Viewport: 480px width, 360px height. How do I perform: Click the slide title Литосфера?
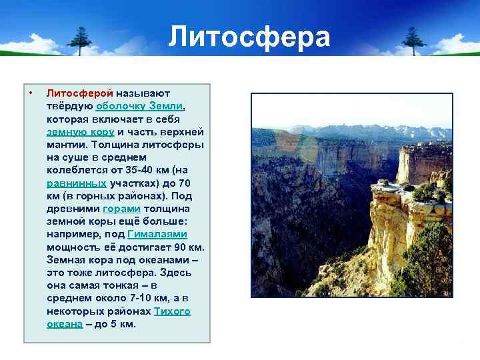coord(249,37)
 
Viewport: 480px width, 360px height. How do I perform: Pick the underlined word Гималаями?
coord(157,234)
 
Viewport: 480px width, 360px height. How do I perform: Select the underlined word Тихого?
coord(172,311)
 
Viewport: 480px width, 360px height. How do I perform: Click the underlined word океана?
coord(65,324)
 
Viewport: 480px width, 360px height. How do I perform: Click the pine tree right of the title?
coord(413,40)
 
